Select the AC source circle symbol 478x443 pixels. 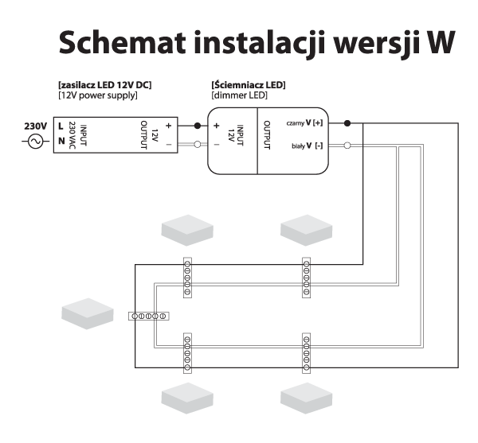click(34, 142)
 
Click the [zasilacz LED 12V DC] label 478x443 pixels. click(103, 85)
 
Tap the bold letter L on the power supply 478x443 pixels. click(61, 126)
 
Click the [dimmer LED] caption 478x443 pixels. click(239, 95)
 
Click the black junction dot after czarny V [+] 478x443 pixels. click(347, 124)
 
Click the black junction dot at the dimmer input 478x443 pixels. click(197, 126)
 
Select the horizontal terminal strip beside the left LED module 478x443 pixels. click(149, 317)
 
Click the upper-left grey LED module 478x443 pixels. click(188, 229)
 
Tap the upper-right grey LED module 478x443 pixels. click(306, 229)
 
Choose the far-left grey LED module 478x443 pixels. click(88, 313)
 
